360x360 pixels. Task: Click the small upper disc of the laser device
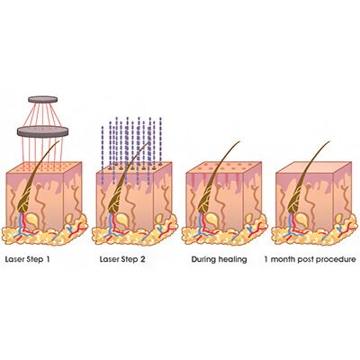(x=43, y=99)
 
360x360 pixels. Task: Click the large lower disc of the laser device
(x=43, y=131)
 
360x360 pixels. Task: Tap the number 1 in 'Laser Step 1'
(x=48, y=259)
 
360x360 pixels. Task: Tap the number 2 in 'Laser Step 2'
(x=142, y=259)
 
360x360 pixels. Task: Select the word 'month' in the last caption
(x=283, y=259)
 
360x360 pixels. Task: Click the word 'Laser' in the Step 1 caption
(x=15, y=259)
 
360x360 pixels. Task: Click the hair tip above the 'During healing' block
(x=239, y=141)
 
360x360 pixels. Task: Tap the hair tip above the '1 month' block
(x=329, y=141)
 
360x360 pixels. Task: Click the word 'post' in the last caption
(x=305, y=260)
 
